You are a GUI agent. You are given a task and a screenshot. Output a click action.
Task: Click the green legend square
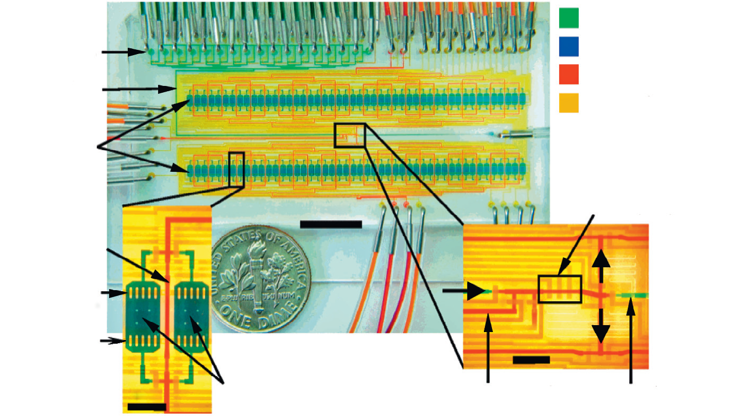click(x=569, y=18)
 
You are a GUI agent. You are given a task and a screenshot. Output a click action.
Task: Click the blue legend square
click(x=569, y=47)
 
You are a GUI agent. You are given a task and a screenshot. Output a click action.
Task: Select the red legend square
click(x=569, y=75)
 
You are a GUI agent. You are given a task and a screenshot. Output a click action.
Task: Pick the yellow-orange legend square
click(x=569, y=103)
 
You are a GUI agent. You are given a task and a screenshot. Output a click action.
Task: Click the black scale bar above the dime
click(x=330, y=224)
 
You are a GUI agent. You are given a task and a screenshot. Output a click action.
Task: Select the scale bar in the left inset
click(x=147, y=407)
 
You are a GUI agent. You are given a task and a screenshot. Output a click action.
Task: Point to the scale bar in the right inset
click(x=531, y=360)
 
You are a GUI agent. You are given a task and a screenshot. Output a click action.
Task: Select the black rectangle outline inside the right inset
click(x=560, y=289)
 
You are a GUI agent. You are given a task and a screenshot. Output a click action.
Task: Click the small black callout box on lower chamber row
click(x=236, y=169)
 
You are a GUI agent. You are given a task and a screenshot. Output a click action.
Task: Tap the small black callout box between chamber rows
click(x=350, y=135)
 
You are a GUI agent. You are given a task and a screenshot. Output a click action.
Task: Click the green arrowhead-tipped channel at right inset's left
click(x=477, y=291)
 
